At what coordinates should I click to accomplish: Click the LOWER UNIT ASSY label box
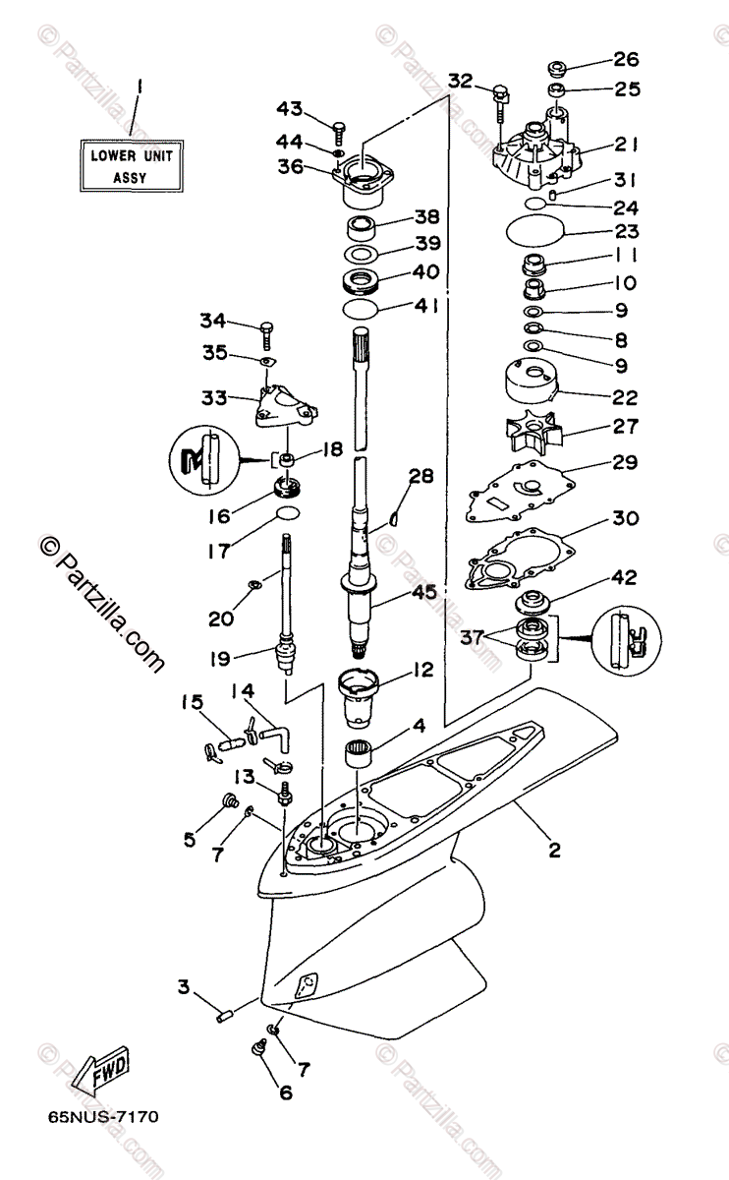132,166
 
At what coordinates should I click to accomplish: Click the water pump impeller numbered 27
533,432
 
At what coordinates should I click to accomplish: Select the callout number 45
424,592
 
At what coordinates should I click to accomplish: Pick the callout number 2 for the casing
554,850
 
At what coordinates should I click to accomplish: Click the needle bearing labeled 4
359,754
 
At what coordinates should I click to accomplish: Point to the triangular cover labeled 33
286,405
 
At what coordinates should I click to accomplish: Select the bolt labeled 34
266,336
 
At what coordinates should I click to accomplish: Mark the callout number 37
472,637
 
